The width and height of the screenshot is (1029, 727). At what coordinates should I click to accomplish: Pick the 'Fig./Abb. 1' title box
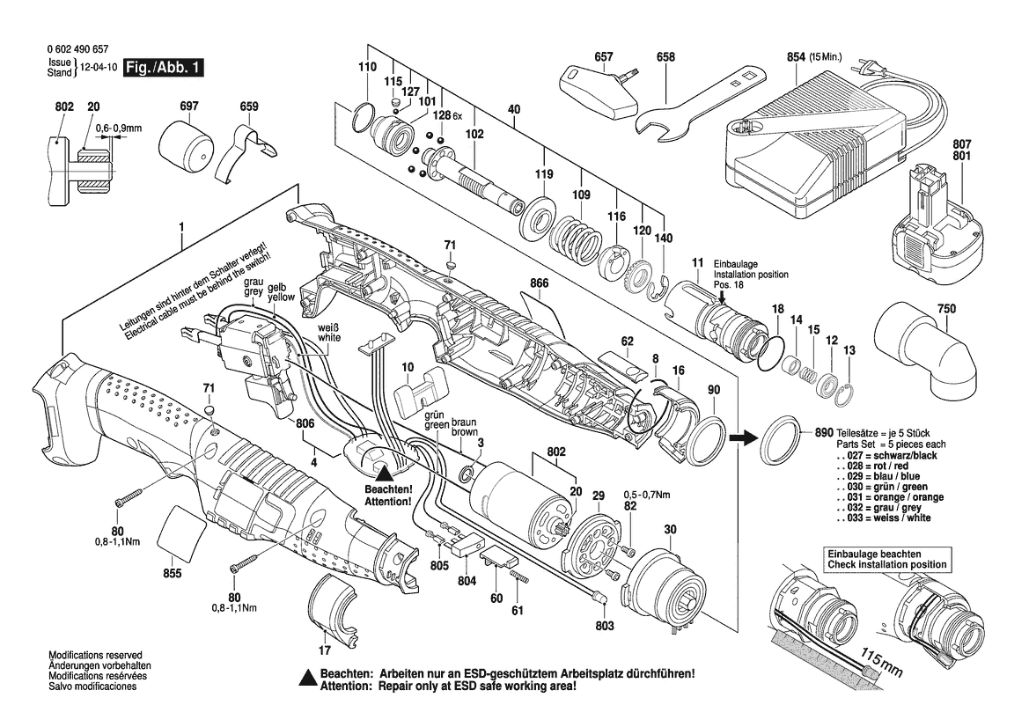[164, 68]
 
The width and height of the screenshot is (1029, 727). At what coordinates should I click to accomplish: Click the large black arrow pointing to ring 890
[745, 435]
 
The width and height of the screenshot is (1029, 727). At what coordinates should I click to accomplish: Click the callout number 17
[325, 650]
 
